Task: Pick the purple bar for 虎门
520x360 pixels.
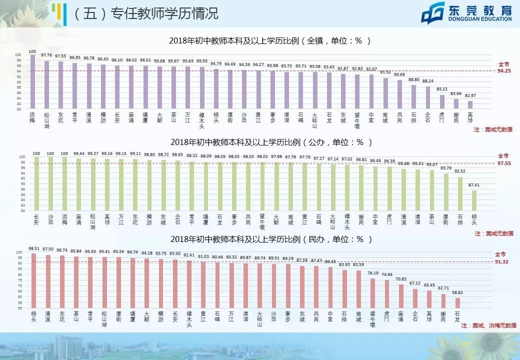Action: (x=442, y=101)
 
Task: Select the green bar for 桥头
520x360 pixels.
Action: (x=474, y=200)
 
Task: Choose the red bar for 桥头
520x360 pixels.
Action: (x=33, y=280)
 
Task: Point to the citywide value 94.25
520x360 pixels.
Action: (x=503, y=71)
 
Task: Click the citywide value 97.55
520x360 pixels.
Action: (x=503, y=163)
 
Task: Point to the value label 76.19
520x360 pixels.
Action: (x=373, y=273)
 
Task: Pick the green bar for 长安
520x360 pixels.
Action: (x=36, y=183)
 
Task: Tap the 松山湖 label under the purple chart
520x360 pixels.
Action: (x=46, y=120)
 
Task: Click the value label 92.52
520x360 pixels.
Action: (x=459, y=171)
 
